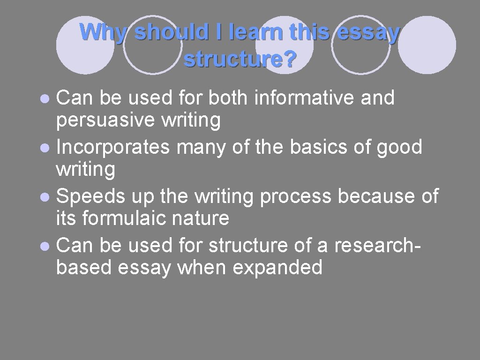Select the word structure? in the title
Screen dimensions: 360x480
coord(240,60)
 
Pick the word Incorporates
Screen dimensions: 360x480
coord(112,147)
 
